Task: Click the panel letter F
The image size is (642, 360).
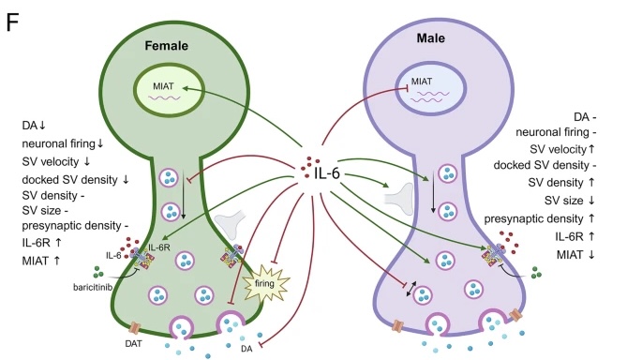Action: point(12,22)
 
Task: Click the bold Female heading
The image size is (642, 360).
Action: point(166,45)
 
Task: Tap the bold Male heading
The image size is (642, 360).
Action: point(431,38)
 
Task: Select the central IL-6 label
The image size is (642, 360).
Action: point(327,173)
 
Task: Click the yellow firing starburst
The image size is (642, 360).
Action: point(266,283)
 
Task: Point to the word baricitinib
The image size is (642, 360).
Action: point(93,287)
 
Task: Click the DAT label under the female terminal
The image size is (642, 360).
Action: point(133,344)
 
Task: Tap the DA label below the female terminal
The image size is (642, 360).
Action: point(246,349)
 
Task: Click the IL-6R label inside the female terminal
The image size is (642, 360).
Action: point(159,247)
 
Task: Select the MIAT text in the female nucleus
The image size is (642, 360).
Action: point(163,86)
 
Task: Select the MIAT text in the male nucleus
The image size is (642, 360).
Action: point(422,82)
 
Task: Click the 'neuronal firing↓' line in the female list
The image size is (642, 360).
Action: point(63,143)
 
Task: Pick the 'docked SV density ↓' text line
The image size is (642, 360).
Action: point(75,180)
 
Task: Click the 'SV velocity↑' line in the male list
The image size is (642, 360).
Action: point(562,149)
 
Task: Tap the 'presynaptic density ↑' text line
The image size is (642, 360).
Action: point(539,218)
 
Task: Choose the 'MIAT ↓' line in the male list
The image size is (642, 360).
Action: point(575,255)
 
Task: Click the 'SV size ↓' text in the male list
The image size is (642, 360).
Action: point(570,201)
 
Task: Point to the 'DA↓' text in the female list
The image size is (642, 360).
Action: point(34,126)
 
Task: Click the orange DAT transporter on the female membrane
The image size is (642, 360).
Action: point(135,327)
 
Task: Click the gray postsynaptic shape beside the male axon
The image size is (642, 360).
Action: point(399,199)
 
